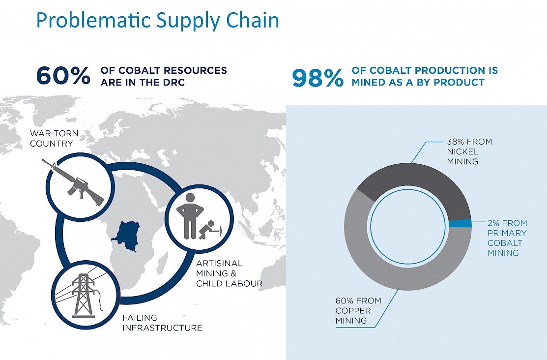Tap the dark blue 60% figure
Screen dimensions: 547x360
63,76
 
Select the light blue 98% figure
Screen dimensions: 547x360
318,78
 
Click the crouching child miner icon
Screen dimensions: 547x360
211,230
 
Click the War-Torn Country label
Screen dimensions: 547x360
54,138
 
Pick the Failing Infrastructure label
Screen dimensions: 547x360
162,323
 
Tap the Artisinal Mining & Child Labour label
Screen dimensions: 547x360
229,273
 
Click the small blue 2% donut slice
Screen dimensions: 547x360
461,223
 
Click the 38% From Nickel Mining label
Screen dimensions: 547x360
469,151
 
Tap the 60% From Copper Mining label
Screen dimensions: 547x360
358,310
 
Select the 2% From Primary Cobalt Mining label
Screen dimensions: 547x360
507,238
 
